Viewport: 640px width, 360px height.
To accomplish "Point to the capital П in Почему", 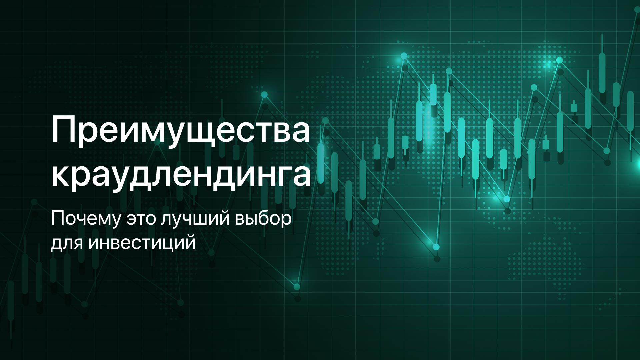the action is (x=57, y=220).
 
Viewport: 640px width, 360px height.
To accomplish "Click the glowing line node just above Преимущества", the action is (x=264, y=95).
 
